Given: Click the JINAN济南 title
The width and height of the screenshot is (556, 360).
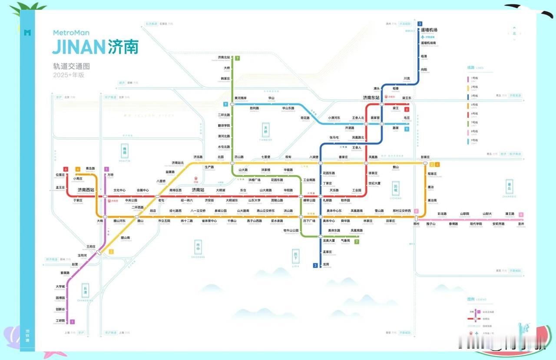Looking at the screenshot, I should click(95, 46).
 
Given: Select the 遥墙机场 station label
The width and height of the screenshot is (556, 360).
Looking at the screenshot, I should click(429, 30).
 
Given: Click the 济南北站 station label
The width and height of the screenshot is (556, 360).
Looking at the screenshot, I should click(224, 57).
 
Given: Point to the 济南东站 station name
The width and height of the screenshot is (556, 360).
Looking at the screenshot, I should click(371, 98).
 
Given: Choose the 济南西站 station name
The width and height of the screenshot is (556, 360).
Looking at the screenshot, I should click(86, 190).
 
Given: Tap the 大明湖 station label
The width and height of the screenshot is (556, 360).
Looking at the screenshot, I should click(221, 190).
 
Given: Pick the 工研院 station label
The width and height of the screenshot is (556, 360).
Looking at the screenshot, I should click(60, 320).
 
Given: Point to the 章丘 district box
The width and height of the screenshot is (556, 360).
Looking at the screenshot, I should click(509, 187).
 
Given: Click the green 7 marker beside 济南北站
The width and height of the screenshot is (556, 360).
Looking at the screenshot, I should click(238, 59).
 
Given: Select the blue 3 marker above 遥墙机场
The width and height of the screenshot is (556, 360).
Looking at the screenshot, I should click(420, 24).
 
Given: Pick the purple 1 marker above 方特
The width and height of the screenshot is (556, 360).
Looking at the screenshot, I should click(106, 169).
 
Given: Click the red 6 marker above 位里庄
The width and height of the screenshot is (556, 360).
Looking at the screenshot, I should click(66, 169).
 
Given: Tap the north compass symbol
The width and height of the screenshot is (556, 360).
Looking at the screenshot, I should click(514, 33).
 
